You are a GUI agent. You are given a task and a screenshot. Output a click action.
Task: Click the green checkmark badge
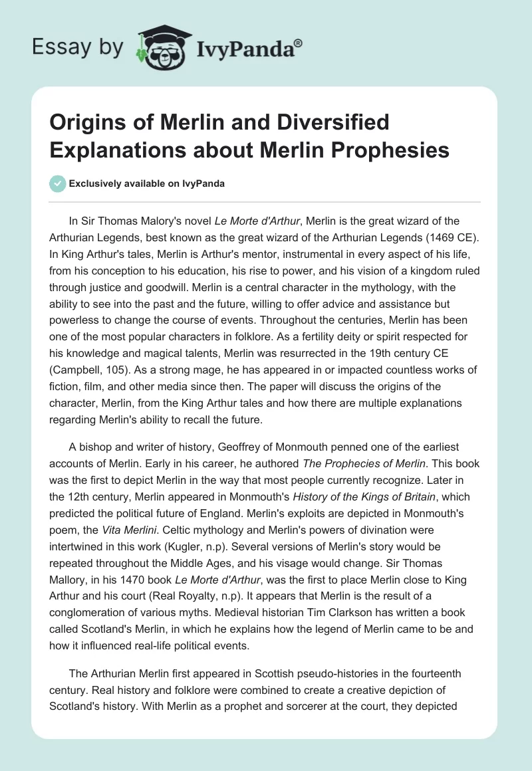point(57,183)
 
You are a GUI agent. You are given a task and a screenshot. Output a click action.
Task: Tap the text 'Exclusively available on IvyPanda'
point(146,183)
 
